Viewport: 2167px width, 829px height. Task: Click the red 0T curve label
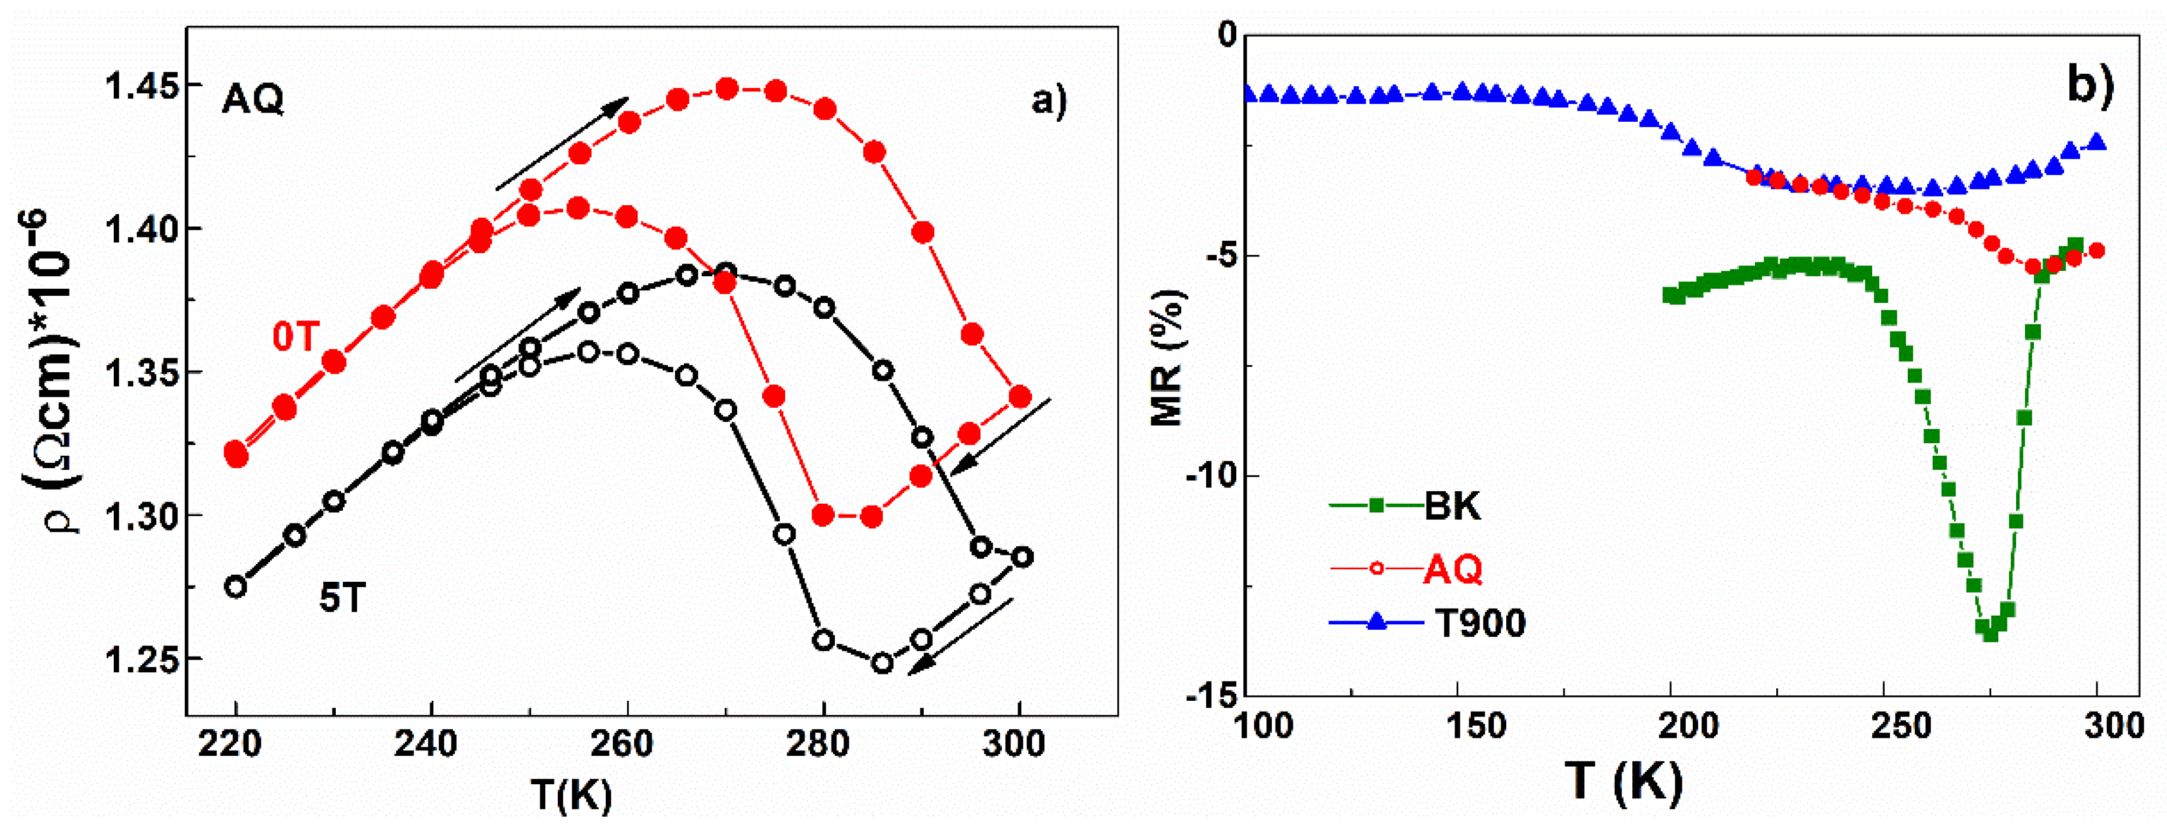(294, 337)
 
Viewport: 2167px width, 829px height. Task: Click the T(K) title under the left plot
(571, 793)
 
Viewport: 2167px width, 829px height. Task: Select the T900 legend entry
(1479, 623)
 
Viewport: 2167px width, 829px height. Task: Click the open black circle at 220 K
(237, 587)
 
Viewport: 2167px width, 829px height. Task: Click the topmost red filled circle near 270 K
(727, 89)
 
